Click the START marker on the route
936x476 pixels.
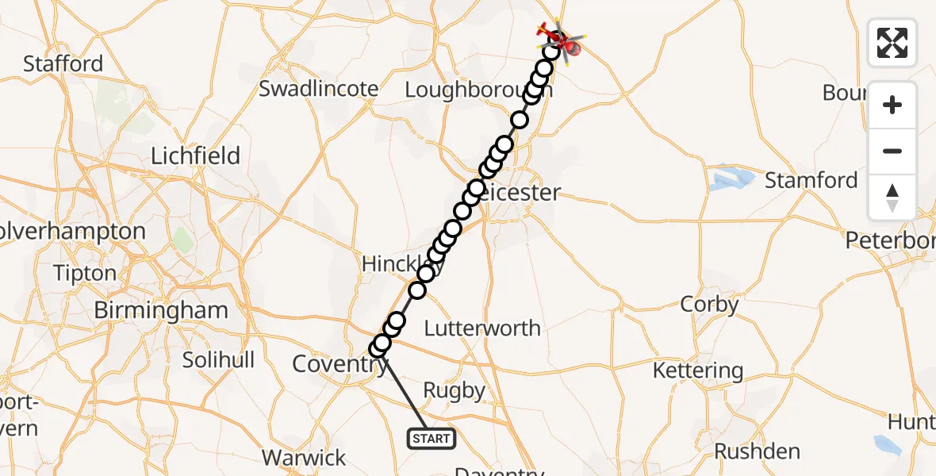[x=432, y=438]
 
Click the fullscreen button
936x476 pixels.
[x=892, y=43]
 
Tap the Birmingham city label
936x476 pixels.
[x=161, y=310]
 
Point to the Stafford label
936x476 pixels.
[x=63, y=63]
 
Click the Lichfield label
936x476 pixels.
[x=196, y=155]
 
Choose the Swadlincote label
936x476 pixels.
[x=319, y=89]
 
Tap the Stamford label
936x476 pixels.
[x=811, y=181]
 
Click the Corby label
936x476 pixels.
[x=709, y=305]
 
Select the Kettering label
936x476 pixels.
[x=698, y=370]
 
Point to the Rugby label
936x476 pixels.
[x=455, y=390]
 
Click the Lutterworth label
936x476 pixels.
[x=482, y=328]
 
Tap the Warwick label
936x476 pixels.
[x=305, y=458]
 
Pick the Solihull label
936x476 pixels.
[x=218, y=360]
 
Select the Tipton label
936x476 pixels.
[x=84, y=273]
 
